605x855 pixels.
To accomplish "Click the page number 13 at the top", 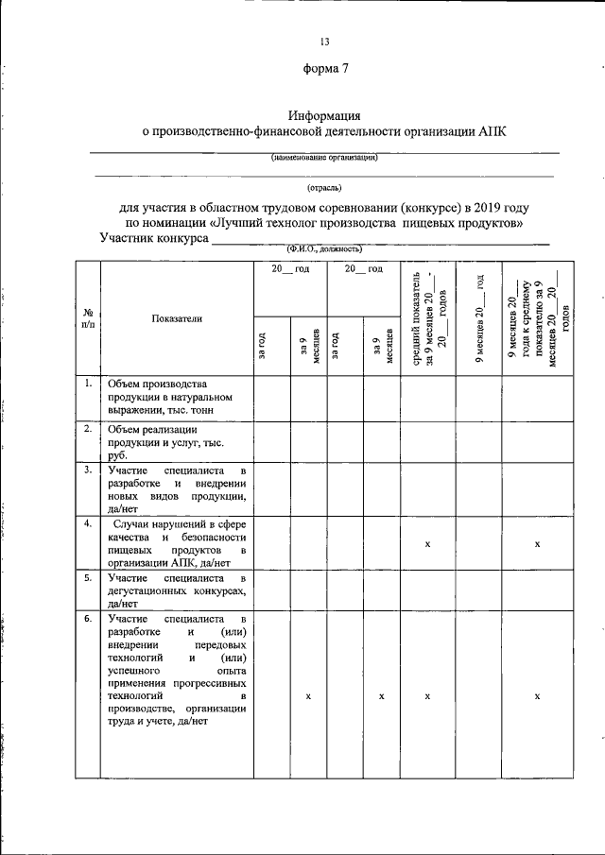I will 324,42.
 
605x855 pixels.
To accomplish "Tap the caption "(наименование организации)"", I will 324,158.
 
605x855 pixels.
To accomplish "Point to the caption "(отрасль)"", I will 324,187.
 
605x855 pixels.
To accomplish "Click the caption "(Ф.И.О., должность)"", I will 324,248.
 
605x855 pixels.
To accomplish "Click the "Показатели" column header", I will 176,318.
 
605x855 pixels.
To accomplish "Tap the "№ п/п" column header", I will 87,317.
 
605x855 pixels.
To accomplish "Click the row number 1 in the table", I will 87,384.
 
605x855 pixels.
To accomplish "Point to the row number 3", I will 87,469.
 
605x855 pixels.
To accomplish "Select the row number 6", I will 87,619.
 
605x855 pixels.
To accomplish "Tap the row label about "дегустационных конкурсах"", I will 177,590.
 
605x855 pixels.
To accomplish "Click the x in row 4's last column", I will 537,544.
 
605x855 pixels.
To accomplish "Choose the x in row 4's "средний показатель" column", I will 428,544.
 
